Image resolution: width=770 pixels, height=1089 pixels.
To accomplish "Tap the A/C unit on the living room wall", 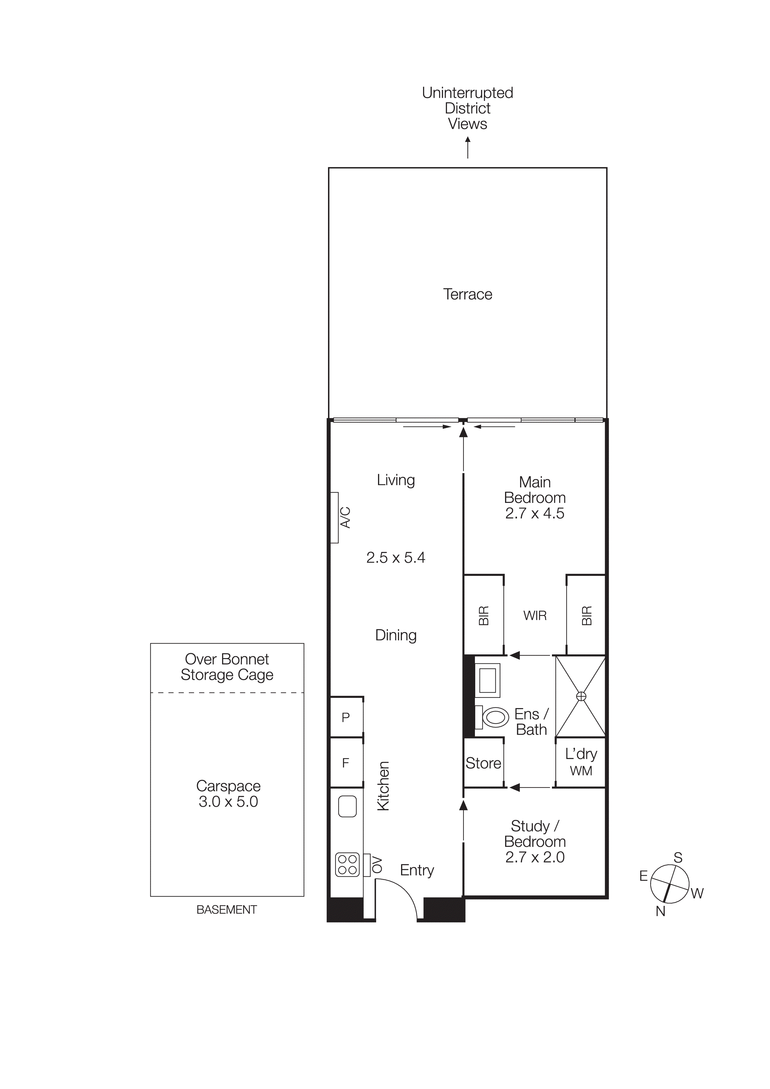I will tap(335, 517).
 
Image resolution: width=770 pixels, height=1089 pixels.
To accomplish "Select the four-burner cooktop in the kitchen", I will tap(347, 864).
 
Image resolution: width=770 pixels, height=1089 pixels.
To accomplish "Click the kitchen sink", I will tap(347, 806).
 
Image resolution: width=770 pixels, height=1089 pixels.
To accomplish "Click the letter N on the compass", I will tap(660, 911).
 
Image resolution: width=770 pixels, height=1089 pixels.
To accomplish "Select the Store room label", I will tap(483, 763).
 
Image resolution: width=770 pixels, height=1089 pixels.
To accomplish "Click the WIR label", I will tap(535, 616).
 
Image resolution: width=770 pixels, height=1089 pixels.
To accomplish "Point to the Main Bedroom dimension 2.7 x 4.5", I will tap(535, 513).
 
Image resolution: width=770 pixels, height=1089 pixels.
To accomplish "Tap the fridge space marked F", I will tap(346, 763).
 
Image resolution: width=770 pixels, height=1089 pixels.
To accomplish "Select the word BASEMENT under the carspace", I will tap(227, 910).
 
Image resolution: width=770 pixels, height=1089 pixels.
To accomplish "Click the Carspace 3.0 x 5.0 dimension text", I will tap(228, 802).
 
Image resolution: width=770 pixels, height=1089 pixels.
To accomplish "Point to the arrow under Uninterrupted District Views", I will tap(468, 147).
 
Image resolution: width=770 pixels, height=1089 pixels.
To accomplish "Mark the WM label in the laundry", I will tap(581, 771).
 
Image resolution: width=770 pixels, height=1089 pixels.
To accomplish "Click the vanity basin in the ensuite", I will tap(488, 680).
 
